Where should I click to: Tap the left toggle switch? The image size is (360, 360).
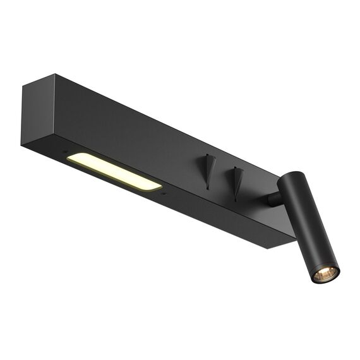(209, 169)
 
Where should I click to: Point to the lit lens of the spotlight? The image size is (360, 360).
(325, 273)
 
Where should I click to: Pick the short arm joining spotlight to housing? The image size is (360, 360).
(274, 199)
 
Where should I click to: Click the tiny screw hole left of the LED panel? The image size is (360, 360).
(64, 151)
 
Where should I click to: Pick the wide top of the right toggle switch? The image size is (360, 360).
(238, 169)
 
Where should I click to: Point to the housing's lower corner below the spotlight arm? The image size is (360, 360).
(268, 246)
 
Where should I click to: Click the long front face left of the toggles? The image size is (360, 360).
(126, 129)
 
